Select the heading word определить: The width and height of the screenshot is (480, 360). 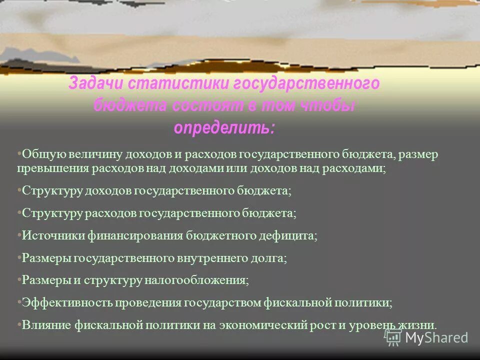tap(224, 127)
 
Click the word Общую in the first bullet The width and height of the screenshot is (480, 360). tap(39, 154)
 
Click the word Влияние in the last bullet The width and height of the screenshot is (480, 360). tap(46, 325)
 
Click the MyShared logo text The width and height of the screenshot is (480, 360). tap(436, 337)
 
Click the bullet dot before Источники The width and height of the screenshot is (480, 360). tap(19, 234)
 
